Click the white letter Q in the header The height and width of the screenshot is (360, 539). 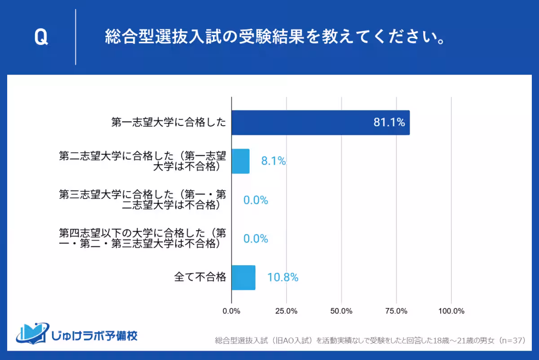coord(41,38)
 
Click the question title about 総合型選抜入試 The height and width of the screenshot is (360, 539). coord(275,38)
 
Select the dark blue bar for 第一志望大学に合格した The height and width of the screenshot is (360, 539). coord(320,123)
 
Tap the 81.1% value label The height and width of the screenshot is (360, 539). coord(389,123)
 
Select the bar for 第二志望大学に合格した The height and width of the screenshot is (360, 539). coord(240,161)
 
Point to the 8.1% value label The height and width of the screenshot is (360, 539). coord(274,161)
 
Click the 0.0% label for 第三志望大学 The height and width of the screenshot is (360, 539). coord(256,200)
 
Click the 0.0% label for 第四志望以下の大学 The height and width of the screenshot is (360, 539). coord(256,239)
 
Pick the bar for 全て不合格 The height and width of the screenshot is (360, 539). coord(243,277)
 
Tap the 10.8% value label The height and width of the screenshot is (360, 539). coord(283,277)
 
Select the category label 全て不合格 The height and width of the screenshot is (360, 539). coord(200,277)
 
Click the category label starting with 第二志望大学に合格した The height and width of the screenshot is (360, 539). coord(142,161)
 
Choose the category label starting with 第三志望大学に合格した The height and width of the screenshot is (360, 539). coord(142,200)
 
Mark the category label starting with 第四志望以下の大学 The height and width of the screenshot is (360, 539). coord(142,239)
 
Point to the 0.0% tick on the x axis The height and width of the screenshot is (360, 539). coord(231,311)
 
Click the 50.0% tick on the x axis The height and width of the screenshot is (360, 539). coord(341,311)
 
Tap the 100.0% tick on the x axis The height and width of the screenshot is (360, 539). coord(451,311)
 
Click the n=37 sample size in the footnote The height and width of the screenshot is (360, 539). coord(512,341)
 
